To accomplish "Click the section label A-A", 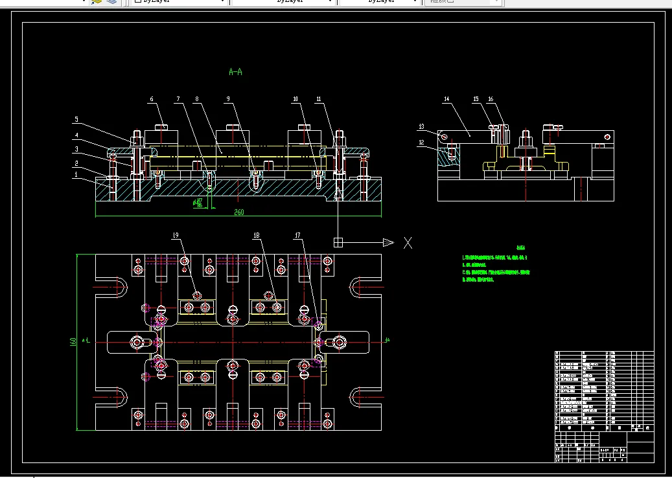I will pos(236,72).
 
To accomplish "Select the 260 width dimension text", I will pos(239,212).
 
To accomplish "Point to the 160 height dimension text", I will pos(73,341).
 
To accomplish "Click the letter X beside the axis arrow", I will pos(408,243).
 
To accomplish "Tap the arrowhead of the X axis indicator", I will pos(388,243).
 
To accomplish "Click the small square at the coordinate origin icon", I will pos(338,242).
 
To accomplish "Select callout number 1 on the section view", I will pos(76,174).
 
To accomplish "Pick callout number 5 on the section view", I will pos(76,120).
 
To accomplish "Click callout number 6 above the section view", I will pos(152,99).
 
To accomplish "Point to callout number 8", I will pos(197,99).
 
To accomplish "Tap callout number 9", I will pos(228,99).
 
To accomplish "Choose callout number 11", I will pos(319,99).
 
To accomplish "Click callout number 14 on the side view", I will pos(446,100).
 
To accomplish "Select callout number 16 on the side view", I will pos(491,99).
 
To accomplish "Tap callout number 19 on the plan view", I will pos(176,235).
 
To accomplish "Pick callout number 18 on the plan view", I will pos(257,235).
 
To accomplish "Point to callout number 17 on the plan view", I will pos(297,235).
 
